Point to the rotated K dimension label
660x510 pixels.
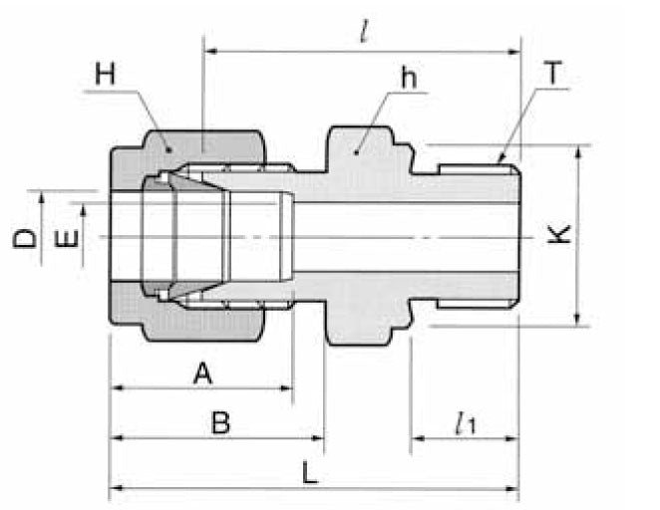561,235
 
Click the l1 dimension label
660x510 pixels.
464,424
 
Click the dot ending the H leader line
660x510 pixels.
168,148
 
